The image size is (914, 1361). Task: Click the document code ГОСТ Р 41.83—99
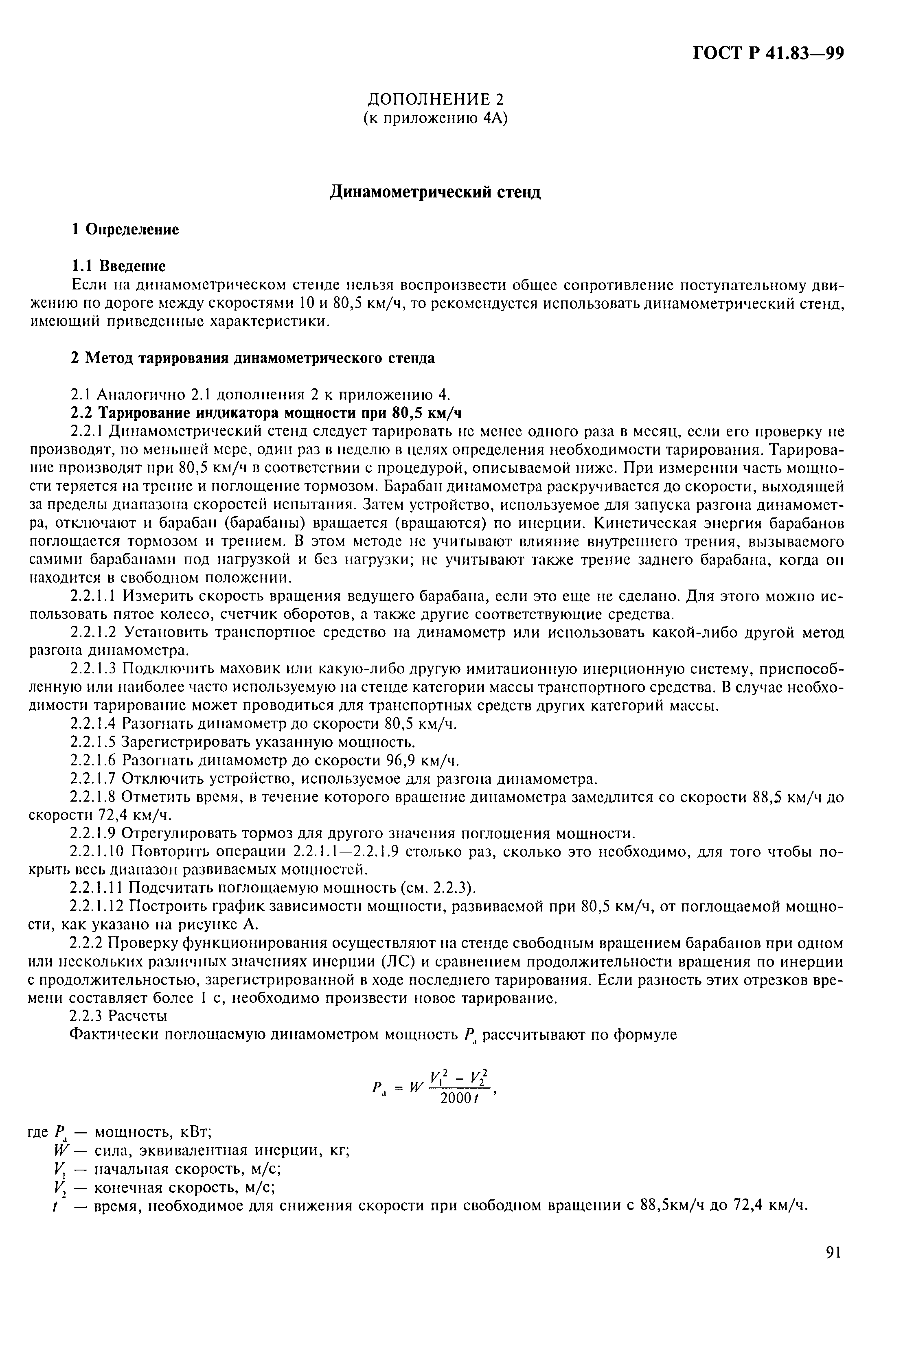point(768,53)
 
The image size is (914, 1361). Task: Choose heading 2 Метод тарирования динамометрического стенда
point(252,358)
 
